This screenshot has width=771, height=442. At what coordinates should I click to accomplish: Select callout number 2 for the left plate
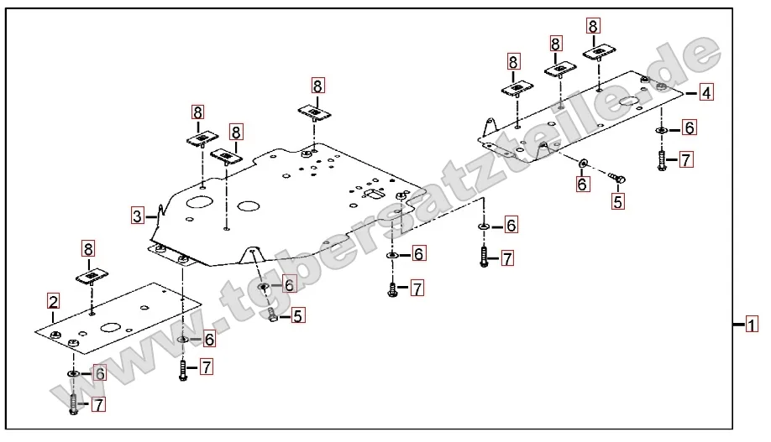53,300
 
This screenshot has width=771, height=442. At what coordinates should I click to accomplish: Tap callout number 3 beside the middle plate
138,215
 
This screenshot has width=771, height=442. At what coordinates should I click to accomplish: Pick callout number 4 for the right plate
706,92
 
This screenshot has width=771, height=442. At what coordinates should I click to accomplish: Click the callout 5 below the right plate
617,201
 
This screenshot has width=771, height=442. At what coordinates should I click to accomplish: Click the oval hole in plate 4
631,103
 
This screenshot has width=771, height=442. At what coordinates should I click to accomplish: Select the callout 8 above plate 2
88,247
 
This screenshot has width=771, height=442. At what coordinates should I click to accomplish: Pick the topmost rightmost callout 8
594,26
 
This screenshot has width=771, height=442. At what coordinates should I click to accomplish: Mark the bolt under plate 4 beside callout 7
662,160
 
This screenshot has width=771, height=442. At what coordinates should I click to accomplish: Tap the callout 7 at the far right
686,159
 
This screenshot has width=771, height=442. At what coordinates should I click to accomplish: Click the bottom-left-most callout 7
98,405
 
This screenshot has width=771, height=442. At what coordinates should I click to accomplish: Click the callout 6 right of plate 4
688,127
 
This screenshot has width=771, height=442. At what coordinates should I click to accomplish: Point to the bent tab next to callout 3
158,216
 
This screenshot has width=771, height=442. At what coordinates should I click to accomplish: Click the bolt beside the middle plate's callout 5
272,315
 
